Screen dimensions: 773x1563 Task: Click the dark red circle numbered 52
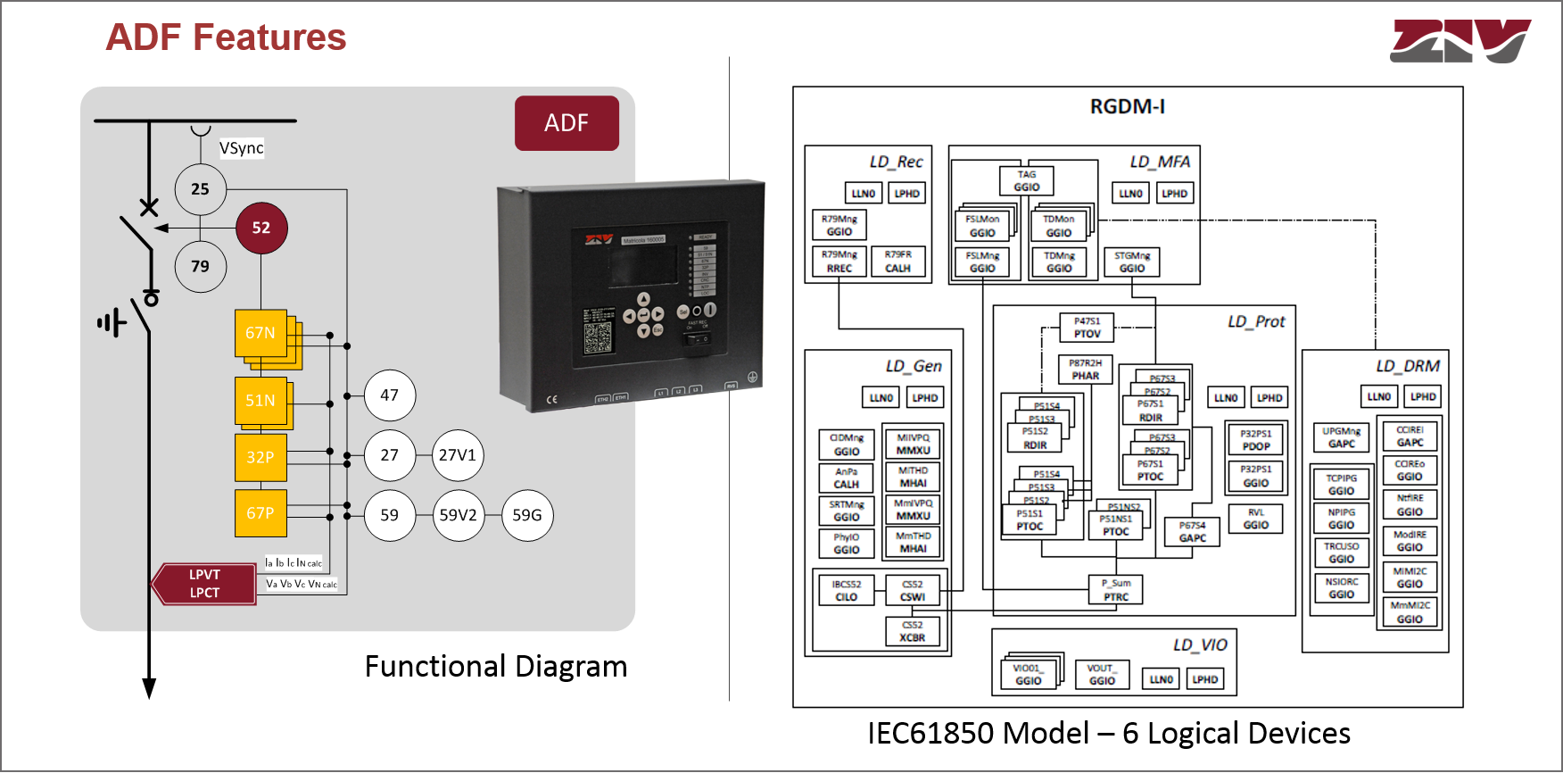click(x=260, y=228)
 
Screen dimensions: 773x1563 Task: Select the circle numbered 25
click(x=201, y=189)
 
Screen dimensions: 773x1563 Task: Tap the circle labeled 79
click(x=201, y=266)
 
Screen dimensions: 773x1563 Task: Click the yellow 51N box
click(x=260, y=401)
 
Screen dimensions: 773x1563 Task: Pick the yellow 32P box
click(x=260, y=457)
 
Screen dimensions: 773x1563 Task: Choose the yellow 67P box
click(x=260, y=513)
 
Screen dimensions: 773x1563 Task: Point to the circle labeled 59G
click(x=527, y=515)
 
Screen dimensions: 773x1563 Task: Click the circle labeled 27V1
click(x=458, y=455)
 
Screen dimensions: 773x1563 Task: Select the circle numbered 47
click(x=390, y=395)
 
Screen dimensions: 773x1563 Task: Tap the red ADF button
click(x=566, y=123)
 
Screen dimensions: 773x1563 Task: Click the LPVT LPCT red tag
click(x=204, y=584)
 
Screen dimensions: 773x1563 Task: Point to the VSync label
click(x=242, y=148)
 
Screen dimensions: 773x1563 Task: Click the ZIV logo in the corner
click(x=1460, y=41)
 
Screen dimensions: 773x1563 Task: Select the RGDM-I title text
click(x=1127, y=107)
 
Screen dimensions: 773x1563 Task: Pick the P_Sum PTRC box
click(x=1115, y=590)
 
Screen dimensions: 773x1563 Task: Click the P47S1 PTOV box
click(x=1087, y=328)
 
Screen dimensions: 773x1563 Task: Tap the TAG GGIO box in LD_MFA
click(x=1026, y=181)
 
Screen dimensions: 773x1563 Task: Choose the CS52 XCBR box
click(x=912, y=631)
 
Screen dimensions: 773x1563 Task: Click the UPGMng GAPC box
click(x=1341, y=437)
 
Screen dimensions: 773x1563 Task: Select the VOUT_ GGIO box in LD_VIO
click(x=1102, y=674)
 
